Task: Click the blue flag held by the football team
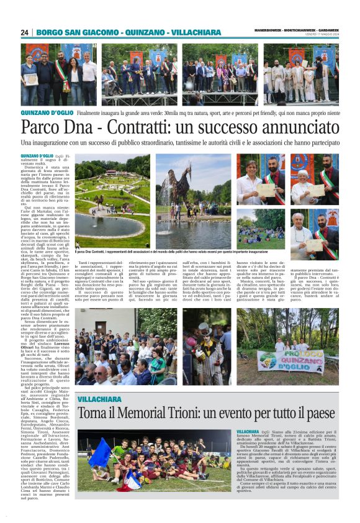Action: pos(100,453)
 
